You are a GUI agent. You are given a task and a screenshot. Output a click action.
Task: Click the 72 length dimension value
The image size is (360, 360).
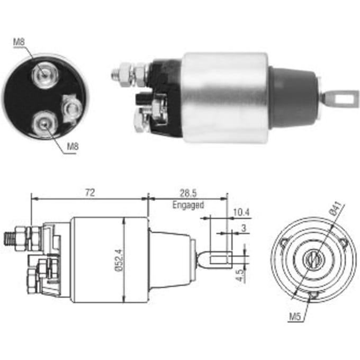(90, 193)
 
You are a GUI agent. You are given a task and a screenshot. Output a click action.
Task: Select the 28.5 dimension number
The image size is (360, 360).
(188, 194)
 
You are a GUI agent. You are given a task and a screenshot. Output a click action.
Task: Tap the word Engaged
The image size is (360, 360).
(188, 205)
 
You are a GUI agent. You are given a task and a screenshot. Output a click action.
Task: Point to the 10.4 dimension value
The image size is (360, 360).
(241, 212)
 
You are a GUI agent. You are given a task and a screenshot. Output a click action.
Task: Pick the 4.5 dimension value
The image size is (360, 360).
(239, 276)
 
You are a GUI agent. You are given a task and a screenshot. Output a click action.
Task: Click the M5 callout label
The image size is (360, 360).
(294, 317)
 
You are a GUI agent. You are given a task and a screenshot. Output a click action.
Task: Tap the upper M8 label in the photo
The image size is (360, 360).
(19, 42)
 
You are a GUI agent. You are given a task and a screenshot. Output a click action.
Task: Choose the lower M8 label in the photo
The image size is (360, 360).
(73, 146)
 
